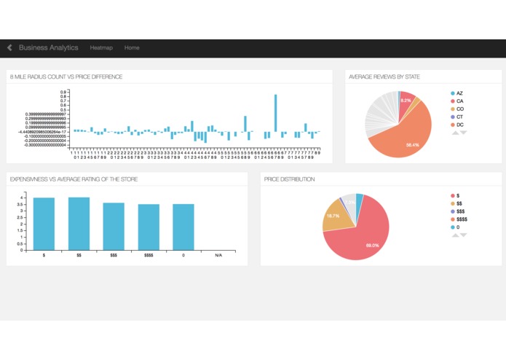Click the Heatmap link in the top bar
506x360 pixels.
tap(101, 48)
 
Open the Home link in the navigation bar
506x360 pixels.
tap(132, 48)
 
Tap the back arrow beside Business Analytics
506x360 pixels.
tap(9, 48)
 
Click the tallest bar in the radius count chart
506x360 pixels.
tap(275, 113)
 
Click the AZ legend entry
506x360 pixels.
tap(460, 93)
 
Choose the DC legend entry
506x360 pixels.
tap(460, 125)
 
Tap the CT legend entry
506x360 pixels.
tap(460, 117)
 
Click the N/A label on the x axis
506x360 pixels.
tap(218, 256)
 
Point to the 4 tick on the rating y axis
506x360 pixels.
tap(23, 197)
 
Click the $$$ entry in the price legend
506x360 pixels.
tap(460, 211)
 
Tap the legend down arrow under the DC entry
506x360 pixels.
tap(463, 133)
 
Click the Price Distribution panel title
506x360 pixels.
tap(290, 179)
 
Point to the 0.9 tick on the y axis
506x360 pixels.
tap(63, 93)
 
